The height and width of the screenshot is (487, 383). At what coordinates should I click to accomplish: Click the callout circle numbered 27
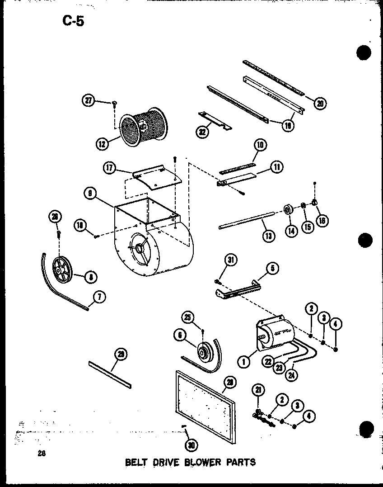[89, 100]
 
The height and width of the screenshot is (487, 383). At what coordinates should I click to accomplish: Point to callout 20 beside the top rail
[320, 104]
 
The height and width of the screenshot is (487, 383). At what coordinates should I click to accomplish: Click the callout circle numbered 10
[260, 145]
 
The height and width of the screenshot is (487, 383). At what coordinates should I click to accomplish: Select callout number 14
[291, 230]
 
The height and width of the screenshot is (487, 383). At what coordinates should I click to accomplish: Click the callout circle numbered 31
[231, 259]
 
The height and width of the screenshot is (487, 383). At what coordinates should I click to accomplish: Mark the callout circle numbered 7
[99, 297]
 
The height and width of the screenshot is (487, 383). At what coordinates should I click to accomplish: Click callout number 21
[260, 390]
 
